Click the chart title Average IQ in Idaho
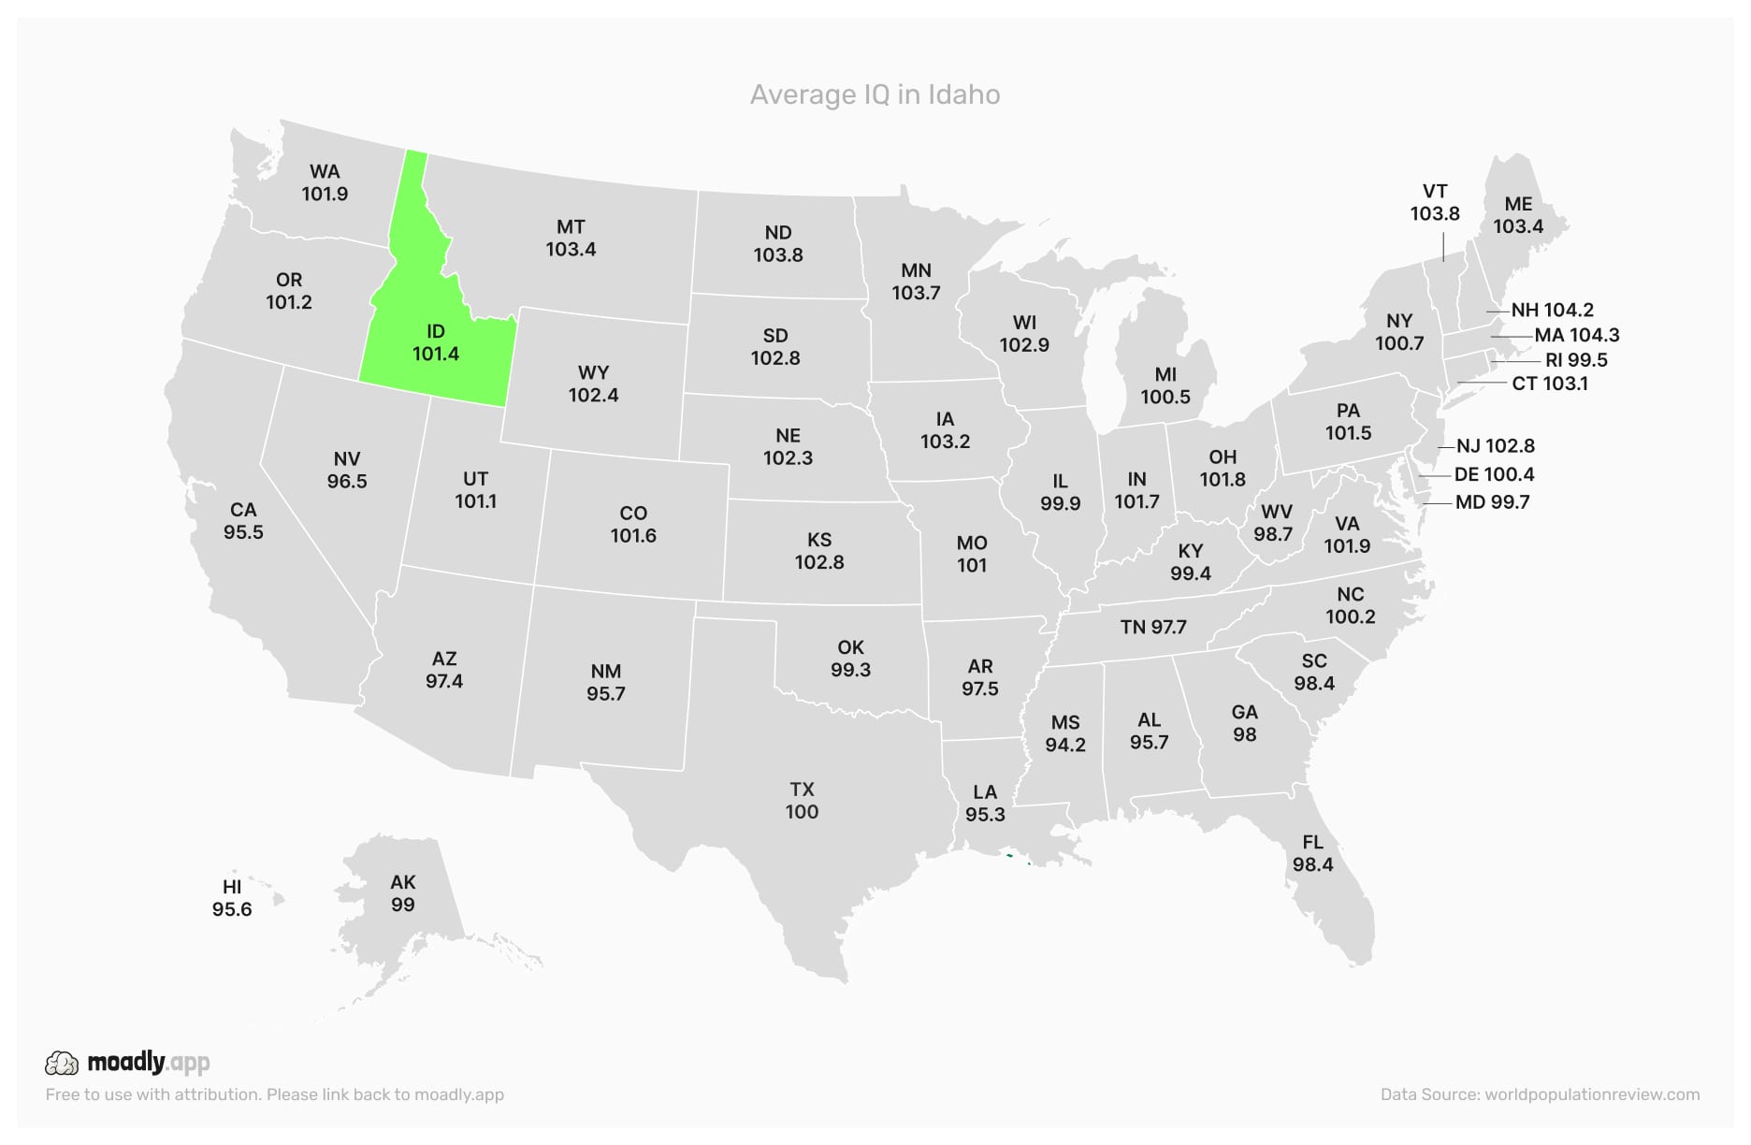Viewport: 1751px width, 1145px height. click(x=875, y=94)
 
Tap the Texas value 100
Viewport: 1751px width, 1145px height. click(x=802, y=812)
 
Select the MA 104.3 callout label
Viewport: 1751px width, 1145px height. click(x=1576, y=335)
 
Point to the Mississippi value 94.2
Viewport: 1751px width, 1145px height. click(x=1065, y=745)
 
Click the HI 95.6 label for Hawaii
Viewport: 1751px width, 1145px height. click(x=232, y=898)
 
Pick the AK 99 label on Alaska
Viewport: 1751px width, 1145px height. click(x=403, y=893)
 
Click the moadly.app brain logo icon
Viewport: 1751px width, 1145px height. click(x=62, y=1063)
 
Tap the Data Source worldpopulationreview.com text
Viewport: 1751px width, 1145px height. click(x=1540, y=1094)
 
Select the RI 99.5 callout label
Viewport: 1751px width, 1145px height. click(x=1576, y=360)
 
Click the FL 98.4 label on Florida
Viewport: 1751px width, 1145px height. click(x=1312, y=853)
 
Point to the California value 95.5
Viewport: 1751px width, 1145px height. click(x=243, y=532)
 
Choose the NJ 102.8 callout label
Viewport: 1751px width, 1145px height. click(x=1495, y=446)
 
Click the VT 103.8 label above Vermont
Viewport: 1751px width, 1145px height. click(x=1435, y=202)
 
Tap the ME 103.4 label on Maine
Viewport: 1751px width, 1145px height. click(x=1518, y=215)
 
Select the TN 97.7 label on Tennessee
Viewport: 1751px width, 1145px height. click(x=1153, y=627)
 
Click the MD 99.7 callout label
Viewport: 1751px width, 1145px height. click(x=1492, y=502)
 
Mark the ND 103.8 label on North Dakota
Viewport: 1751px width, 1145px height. click(x=778, y=243)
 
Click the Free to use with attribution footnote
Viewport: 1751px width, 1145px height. click(x=274, y=1094)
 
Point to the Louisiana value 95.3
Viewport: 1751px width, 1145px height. click(x=985, y=815)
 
